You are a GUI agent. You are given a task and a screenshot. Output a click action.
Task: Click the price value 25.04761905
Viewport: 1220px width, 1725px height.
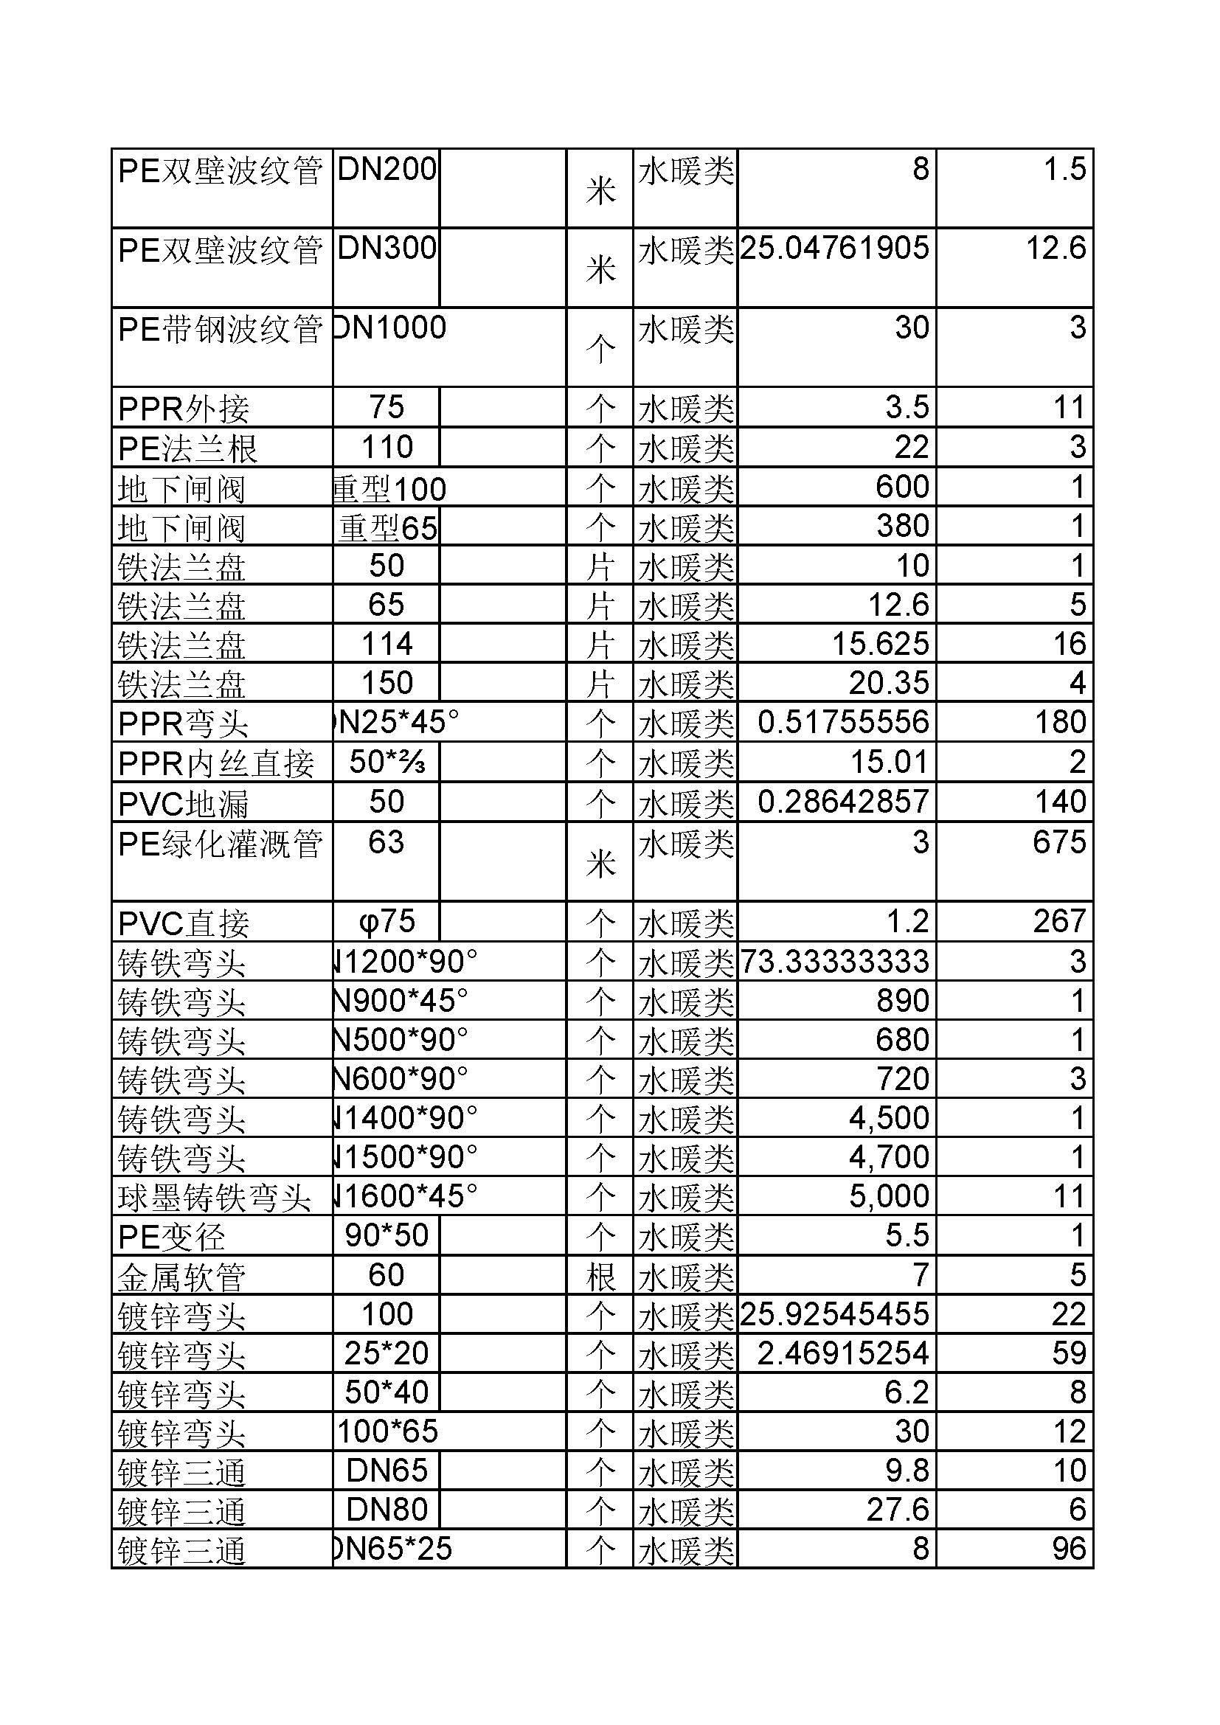(x=835, y=249)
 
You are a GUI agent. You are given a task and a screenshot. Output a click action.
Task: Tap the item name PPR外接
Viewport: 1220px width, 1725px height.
(x=184, y=409)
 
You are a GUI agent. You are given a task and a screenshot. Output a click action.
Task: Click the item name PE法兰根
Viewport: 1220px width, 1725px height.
(x=188, y=448)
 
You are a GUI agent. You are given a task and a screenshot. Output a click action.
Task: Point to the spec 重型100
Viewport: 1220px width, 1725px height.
(x=390, y=489)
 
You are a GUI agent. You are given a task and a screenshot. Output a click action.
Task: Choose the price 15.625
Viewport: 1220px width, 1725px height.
(x=880, y=644)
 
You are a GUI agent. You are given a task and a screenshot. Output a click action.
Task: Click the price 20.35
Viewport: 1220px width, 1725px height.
(x=888, y=683)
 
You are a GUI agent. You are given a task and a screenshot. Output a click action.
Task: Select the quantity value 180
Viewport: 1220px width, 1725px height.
(x=1059, y=722)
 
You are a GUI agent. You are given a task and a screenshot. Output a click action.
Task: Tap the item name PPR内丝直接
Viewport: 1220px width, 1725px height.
(x=216, y=763)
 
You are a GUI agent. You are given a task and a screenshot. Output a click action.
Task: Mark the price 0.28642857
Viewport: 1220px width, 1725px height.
(x=843, y=802)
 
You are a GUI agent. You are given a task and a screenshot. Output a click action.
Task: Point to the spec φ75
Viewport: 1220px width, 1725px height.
(x=387, y=922)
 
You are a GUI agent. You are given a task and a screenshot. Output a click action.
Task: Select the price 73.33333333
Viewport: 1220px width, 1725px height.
(x=835, y=962)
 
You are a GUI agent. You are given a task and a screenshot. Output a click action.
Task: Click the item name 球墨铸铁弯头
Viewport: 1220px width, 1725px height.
(x=214, y=1197)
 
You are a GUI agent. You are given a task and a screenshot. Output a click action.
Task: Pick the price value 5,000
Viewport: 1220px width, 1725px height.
(x=889, y=1196)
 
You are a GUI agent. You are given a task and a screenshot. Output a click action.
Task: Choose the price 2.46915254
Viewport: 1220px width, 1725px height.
(x=843, y=1353)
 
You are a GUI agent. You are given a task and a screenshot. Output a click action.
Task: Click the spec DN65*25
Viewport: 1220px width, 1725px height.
(x=392, y=1549)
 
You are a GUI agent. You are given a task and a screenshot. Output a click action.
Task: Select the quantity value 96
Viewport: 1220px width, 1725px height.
(x=1068, y=1549)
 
